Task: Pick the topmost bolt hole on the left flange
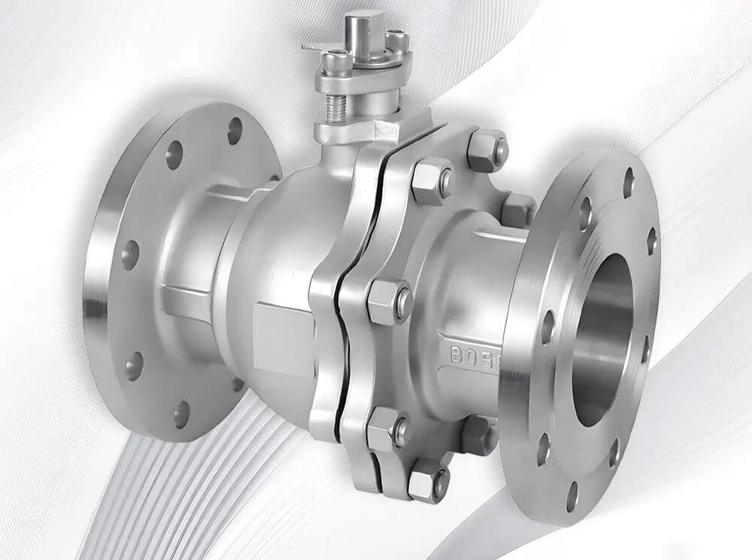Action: pyautogui.click(x=235, y=130)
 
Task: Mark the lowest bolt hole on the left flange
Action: pyautogui.click(x=182, y=413)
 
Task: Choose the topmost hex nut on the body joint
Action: pyautogui.click(x=487, y=150)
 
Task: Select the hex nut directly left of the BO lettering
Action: pyautogui.click(x=389, y=301)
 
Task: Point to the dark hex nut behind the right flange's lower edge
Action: pyautogui.click(x=479, y=434)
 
